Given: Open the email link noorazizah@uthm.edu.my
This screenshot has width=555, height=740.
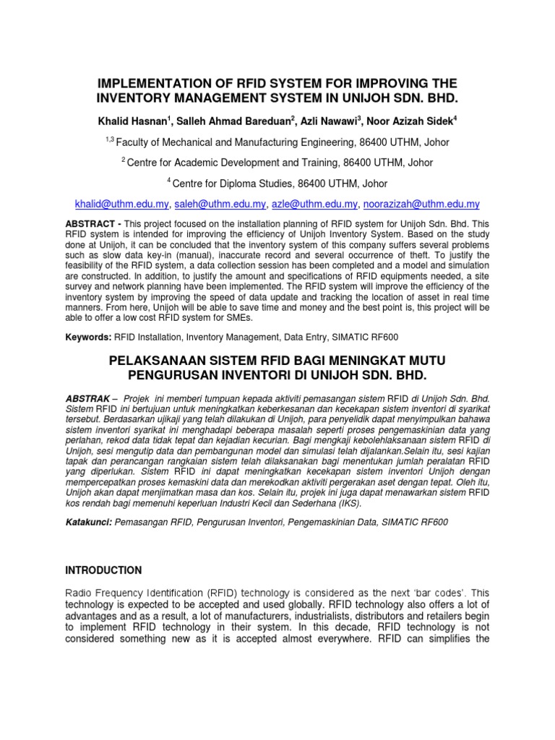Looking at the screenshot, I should click(x=421, y=205).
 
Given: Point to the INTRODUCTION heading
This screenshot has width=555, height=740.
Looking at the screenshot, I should click(x=104, y=570).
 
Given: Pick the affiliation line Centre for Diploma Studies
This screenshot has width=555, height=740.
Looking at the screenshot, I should click(x=280, y=184).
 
